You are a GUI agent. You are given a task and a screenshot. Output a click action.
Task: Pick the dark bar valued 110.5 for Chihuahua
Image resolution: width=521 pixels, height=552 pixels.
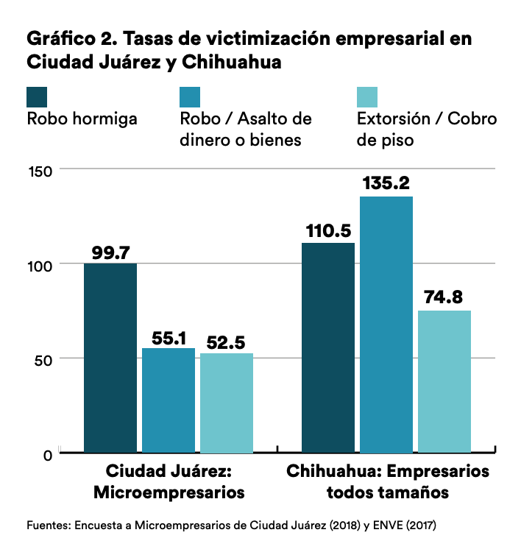(x=328, y=347)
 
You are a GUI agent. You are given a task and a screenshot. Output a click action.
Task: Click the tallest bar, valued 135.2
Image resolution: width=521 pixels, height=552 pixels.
(x=386, y=324)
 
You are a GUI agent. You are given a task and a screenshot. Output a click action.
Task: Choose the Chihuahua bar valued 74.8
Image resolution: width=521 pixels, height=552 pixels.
(x=444, y=381)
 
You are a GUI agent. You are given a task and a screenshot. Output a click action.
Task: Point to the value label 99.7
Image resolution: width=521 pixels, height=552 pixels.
(x=110, y=252)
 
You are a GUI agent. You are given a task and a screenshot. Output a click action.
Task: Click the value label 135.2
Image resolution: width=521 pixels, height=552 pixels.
(x=386, y=184)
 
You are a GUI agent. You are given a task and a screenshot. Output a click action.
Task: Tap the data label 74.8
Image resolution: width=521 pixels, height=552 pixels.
(x=444, y=298)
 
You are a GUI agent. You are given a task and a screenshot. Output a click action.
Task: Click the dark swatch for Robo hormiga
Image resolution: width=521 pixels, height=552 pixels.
(x=38, y=96)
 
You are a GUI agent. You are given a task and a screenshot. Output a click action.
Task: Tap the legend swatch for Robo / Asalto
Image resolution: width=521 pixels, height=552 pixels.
(x=191, y=96)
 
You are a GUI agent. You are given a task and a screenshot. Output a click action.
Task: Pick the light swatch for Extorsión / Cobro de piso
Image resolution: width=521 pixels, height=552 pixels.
(x=367, y=96)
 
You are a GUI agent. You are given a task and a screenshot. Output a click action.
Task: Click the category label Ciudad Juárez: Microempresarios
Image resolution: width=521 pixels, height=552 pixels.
(x=169, y=481)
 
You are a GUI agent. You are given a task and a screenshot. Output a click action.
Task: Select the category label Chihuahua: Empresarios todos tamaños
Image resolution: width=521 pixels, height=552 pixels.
(x=388, y=481)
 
